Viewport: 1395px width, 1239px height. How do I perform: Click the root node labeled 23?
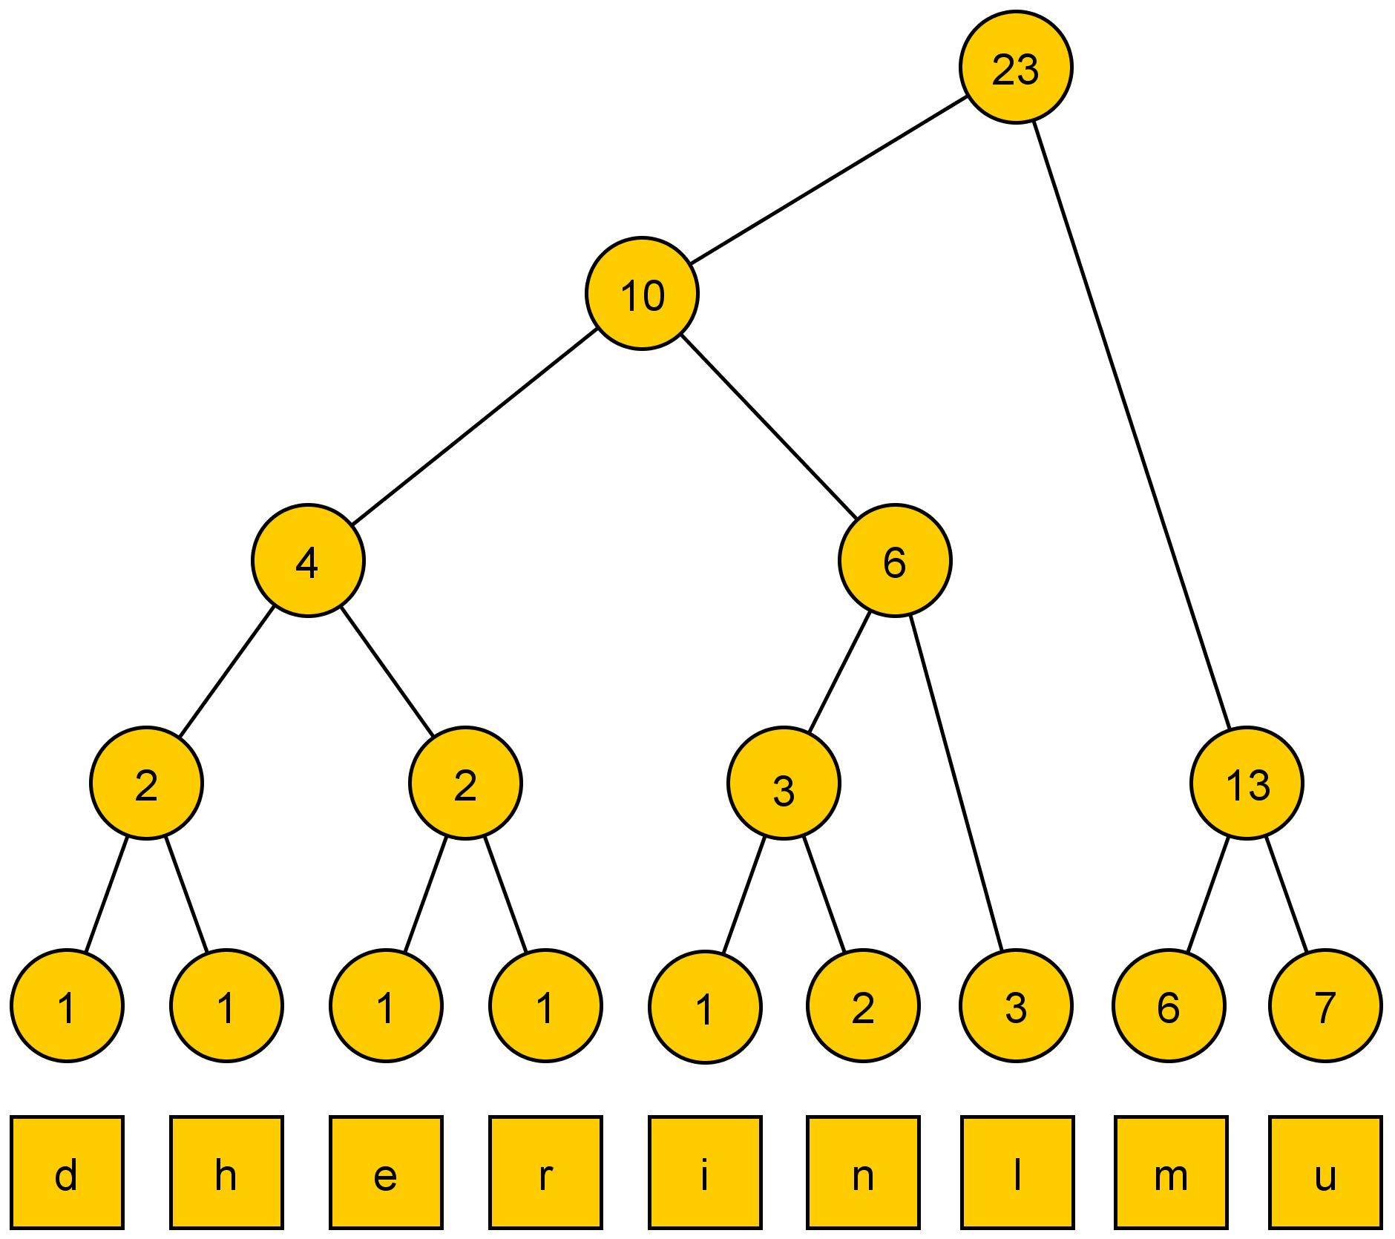pos(1015,67)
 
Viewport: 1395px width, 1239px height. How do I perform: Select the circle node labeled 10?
pos(642,293)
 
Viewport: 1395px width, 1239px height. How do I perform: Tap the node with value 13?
pos(1247,783)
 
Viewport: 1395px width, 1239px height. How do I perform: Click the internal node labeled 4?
pos(308,560)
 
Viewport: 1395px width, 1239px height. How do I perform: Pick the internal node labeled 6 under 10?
pos(895,560)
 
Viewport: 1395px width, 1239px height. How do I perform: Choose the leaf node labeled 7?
pos(1325,1006)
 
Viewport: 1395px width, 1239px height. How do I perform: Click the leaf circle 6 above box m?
pos(1169,1006)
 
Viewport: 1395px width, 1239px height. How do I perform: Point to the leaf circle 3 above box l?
pos(1016,1006)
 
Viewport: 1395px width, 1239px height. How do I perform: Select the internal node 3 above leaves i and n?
pos(784,783)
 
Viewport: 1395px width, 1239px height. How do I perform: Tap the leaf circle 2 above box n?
pos(863,1006)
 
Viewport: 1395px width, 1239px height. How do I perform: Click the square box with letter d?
pos(67,1172)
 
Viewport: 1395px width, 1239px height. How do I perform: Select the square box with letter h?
pos(226,1172)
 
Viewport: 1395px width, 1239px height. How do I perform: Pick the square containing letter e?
pos(386,1172)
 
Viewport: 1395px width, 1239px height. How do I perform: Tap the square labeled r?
pos(545,1172)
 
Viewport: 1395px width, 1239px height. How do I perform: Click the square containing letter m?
pos(1170,1172)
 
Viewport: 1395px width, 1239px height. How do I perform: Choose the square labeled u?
pos(1325,1172)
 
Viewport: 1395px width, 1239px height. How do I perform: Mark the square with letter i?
pos(705,1172)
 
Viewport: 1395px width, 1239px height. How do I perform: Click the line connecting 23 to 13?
pos(1132,423)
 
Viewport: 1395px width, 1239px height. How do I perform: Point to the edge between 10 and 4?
pos(475,427)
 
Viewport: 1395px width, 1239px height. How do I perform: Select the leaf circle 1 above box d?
pos(67,1006)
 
